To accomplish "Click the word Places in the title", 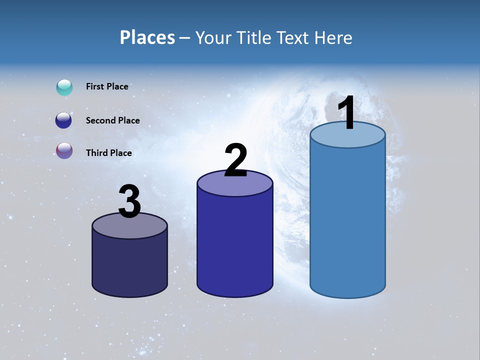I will (x=147, y=37).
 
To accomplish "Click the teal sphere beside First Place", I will (x=64, y=87).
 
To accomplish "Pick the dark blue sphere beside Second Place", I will (x=63, y=120).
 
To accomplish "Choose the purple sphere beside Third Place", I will (x=64, y=150).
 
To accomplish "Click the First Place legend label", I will (x=107, y=86).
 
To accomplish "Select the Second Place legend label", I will (x=112, y=120).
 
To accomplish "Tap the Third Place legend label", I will (x=108, y=153).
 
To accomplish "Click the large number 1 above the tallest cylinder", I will (x=347, y=113).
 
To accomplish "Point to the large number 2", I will (x=235, y=160).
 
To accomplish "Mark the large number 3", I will (x=130, y=202).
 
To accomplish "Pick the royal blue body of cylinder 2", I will (x=235, y=245).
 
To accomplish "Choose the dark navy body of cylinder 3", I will (x=130, y=265).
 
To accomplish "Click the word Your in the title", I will (x=213, y=37).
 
